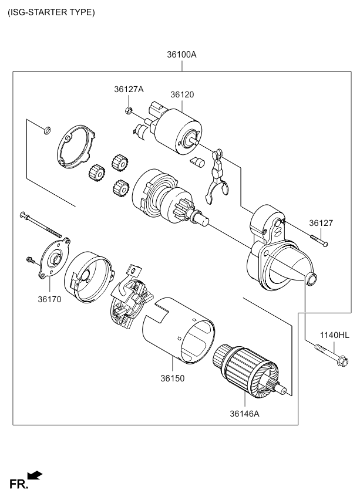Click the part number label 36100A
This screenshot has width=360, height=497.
(181, 55)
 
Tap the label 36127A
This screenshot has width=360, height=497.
(129, 89)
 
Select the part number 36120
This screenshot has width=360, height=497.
(182, 94)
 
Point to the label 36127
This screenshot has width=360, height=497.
(321, 223)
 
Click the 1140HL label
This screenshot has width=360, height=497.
(334, 335)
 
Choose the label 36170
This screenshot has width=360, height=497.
(50, 299)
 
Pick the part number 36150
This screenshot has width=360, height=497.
(173, 378)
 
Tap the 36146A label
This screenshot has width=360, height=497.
(244, 413)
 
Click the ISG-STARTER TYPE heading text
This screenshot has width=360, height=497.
(51, 12)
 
